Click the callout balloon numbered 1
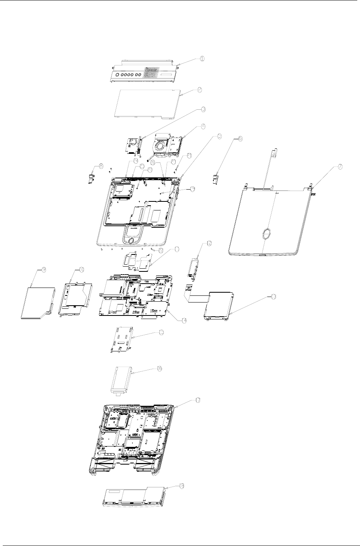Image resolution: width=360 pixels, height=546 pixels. [201, 59]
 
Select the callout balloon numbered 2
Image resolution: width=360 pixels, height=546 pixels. [200, 90]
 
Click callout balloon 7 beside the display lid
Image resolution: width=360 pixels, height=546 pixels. [340, 167]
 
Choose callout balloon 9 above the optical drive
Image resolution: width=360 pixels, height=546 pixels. [44, 269]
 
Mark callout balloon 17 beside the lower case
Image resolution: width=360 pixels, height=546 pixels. [198, 400]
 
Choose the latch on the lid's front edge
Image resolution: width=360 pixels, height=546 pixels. [262, 256]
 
